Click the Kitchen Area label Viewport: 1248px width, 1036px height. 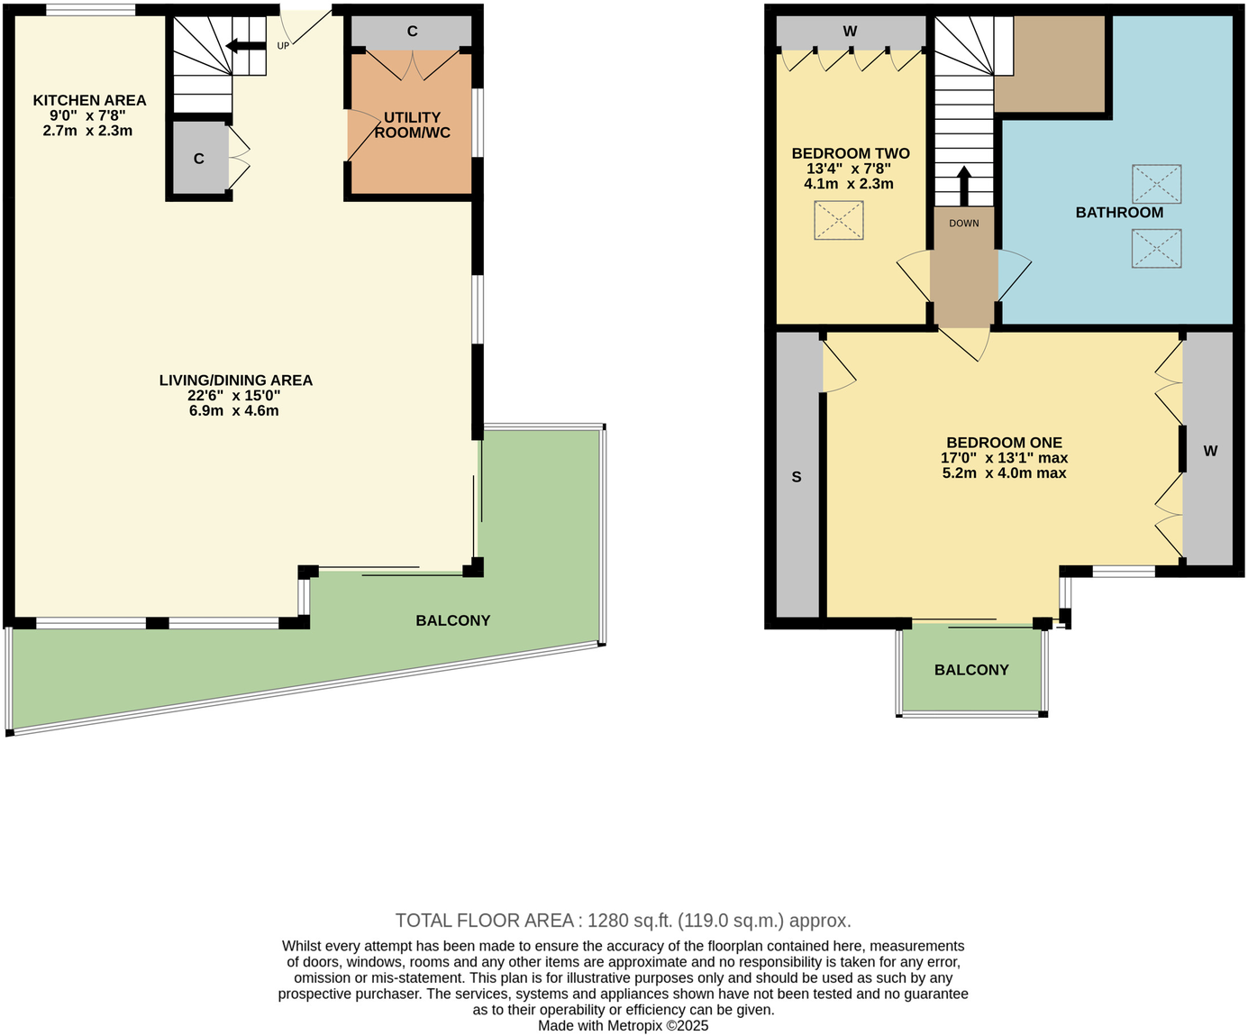89,100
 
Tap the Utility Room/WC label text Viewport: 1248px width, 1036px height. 412,124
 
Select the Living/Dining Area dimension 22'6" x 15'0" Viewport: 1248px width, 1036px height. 234,395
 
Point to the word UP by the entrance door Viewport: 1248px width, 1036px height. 283,46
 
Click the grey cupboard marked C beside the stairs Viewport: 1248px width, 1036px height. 199,159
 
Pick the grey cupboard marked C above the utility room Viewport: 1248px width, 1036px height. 412,32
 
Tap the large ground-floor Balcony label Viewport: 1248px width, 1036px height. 452,620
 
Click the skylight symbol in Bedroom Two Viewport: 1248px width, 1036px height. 838,221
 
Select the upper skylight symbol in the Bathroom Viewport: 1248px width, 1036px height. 1156,184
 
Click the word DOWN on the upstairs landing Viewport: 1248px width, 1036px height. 963,223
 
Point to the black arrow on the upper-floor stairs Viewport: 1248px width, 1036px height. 963,186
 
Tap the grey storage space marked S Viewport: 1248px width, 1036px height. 797,477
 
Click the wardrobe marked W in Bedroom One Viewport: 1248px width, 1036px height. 1209,451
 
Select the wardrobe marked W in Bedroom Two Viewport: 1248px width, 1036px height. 850,32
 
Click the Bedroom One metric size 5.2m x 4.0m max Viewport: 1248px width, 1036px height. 1004,472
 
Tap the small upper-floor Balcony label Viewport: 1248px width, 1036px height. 970,670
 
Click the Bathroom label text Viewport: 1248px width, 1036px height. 1119,212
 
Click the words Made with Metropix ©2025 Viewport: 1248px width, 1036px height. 623,1025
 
